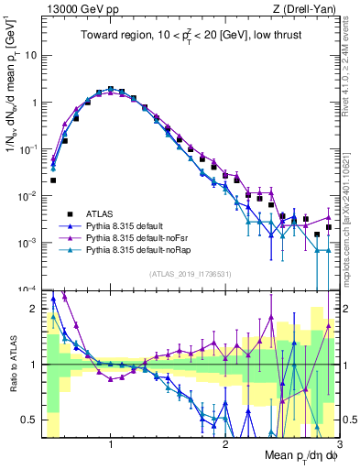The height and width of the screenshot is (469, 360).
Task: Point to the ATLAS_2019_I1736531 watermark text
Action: tap(191, 274)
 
